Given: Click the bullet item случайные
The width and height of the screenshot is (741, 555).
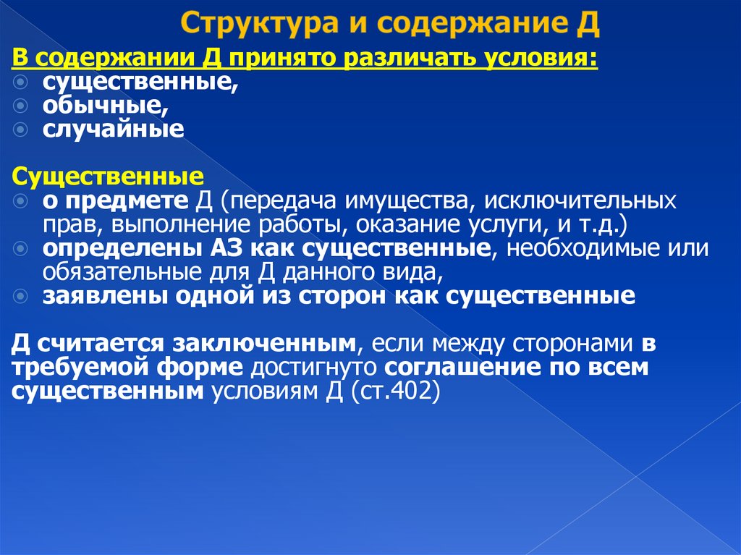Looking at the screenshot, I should tap(113, 130).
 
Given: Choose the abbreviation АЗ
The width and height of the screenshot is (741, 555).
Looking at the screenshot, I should tap(228, 248).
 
